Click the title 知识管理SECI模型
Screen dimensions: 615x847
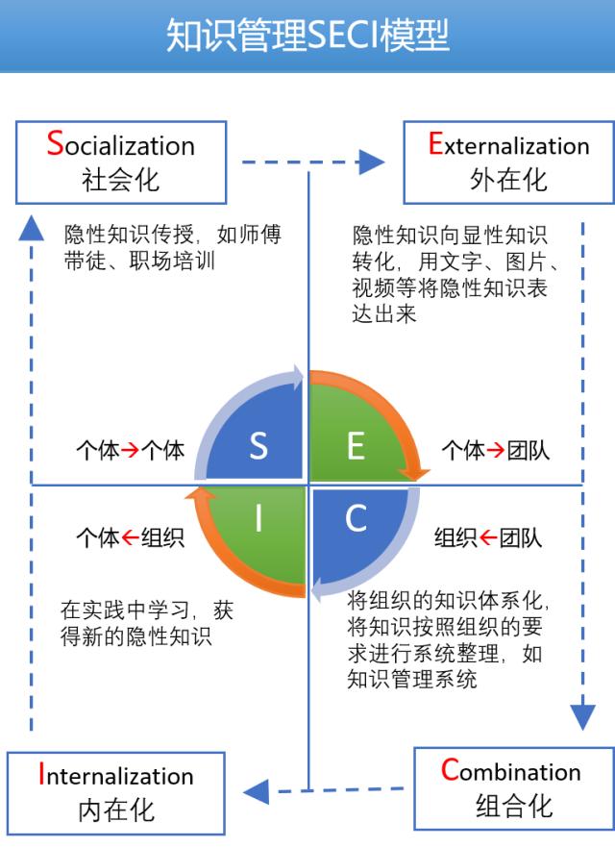(x=307, y=36)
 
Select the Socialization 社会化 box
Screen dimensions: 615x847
(x=121, y=162)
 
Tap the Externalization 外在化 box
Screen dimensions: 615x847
(x=508, y=162)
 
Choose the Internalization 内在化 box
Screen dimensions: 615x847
(x=116, y=793)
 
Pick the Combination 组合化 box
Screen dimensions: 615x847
(x=513, y=788)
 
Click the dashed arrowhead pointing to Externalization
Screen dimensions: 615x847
(x=372, y=162)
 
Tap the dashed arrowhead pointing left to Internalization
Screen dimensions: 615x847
(x=256, y=792)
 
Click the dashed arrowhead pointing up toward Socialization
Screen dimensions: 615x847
(x=31, y=228)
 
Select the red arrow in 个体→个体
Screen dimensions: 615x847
(x=130, y=450)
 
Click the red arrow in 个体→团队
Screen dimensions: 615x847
(x=496, y=450)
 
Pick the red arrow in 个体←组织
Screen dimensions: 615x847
(x=130, y=537)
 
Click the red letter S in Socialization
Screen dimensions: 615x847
(x=55, y=143)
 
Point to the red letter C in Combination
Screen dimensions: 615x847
(x=450, y=769)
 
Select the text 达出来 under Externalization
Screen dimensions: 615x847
(x=384, y=313)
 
